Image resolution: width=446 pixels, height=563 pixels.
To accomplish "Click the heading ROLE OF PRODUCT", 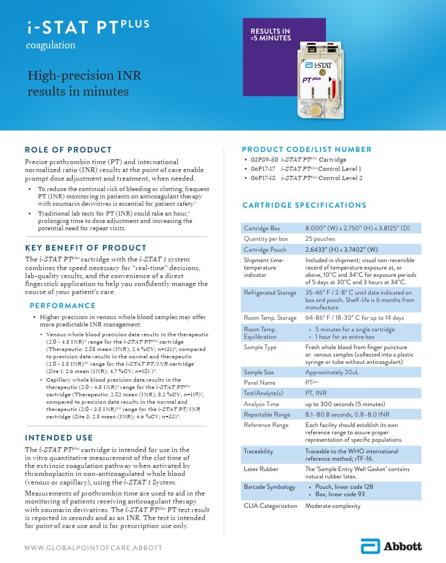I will click(68, 149).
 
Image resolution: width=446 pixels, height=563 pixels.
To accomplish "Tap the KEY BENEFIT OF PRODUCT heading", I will click(77, 247).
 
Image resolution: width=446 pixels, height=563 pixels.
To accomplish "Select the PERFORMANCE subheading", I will click(62, 305).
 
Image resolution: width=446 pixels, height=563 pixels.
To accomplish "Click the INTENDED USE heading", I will click(59, 437).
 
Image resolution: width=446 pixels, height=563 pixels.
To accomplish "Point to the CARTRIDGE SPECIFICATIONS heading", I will click(304, 205).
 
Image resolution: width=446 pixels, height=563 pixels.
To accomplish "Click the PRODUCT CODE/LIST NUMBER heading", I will click(307, 149).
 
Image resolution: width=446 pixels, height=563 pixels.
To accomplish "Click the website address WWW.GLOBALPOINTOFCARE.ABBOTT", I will click(94, 547).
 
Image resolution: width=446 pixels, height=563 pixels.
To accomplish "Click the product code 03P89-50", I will click(264, 159).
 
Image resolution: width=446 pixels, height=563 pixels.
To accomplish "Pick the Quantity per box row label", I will click(266, 238).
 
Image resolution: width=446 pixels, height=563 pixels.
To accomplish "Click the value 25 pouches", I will click(323, 238).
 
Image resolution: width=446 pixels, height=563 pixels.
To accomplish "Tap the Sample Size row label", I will click(259, 372).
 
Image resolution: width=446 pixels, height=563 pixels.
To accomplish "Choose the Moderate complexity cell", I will click(333, 506).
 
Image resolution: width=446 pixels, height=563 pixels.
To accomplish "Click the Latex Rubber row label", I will click(261, 469).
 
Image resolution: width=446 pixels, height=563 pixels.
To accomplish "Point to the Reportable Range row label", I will click(267, 414).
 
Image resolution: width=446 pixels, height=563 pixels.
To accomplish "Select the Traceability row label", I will click(259, 451).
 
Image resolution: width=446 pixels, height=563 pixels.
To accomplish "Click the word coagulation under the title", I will click(51, 45).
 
